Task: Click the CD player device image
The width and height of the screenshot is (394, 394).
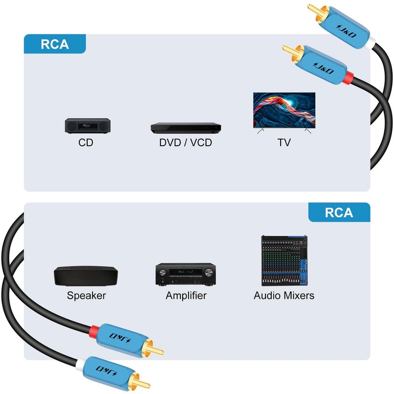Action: pos(86,125)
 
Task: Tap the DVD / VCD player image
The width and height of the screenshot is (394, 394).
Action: pos(185,128)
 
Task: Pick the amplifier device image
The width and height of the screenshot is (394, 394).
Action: pos(186,274)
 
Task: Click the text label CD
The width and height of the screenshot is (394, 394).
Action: pos(86,143)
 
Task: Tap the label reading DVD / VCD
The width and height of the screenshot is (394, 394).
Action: pos(185,143)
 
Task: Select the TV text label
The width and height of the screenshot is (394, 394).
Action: pos(284,143)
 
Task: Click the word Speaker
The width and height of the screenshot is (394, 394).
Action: pos(86,296)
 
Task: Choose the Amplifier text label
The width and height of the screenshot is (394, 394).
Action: pos(186,296)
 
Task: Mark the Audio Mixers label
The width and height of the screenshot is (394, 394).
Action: pos(284,296)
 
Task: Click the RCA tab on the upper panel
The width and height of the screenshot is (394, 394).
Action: pos(55,44)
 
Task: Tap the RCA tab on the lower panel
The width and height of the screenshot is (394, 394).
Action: pos(339,212)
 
